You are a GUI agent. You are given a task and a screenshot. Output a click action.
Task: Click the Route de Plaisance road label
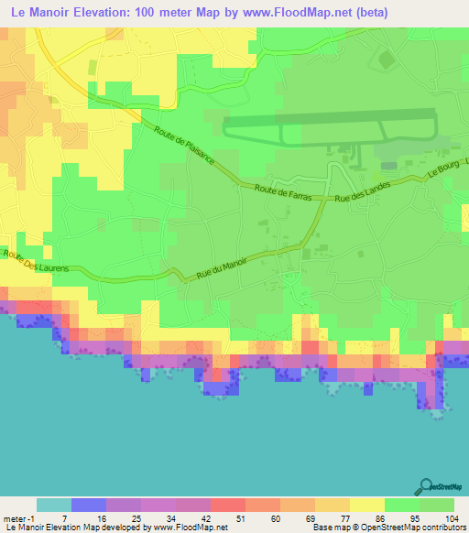click(x=184, y=145)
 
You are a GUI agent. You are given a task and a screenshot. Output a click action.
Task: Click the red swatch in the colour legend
click(x=227, y=505)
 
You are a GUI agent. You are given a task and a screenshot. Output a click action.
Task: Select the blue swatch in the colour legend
click(x=88, y=505)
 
